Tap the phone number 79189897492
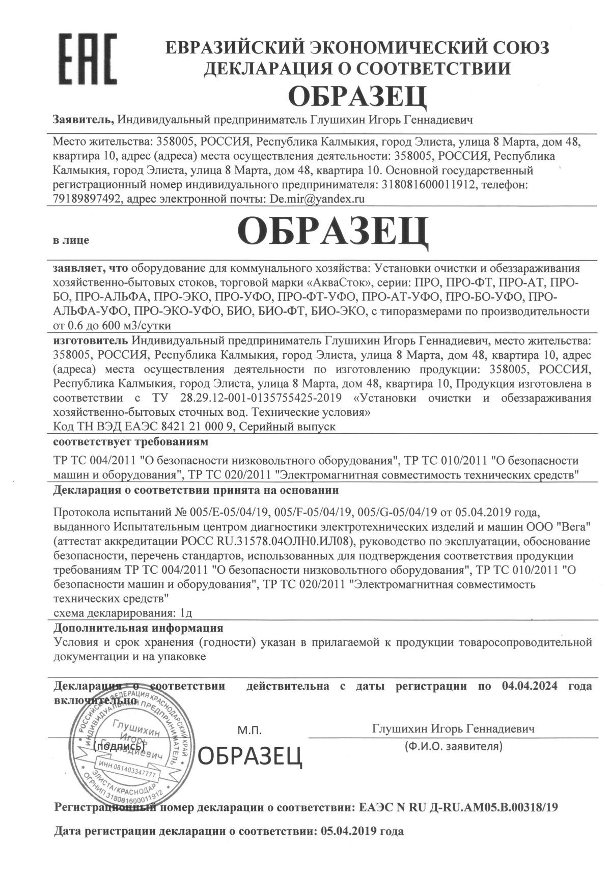tap(88, 199)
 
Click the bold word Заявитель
tap(83, 120)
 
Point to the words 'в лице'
tap(71, 240)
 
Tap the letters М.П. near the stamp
tap(249, 731)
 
